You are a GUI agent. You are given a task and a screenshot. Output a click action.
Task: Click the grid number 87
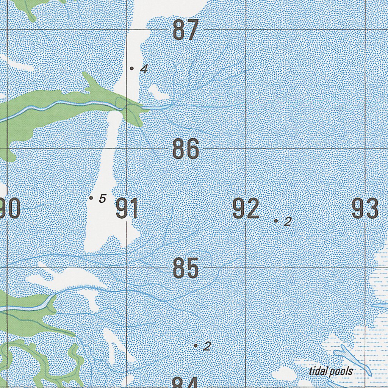click(186, 30)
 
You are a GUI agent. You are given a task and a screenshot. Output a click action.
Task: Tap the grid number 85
click(186, 268)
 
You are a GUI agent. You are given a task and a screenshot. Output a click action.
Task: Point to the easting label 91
click(127, 208)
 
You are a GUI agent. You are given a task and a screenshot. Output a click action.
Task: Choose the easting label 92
click(246, 208)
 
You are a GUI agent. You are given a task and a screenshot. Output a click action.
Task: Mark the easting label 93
click(365, 208)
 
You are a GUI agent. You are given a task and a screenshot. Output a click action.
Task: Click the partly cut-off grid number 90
click(10, 208)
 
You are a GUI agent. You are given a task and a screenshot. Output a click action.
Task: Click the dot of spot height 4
click(131, 68)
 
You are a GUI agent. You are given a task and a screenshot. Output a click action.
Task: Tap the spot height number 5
click(102, 198)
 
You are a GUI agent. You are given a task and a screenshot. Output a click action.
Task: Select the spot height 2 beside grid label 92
click(288, 221)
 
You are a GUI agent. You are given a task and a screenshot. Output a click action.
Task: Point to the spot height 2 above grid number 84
click(207, 346)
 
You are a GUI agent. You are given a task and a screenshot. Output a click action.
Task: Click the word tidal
click(317, 371)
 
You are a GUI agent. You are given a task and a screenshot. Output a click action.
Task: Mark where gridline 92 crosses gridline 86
click(246, 149)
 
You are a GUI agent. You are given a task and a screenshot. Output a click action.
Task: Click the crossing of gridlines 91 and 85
click(127, 268)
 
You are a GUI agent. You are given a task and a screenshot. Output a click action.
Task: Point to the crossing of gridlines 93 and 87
click(365, 30)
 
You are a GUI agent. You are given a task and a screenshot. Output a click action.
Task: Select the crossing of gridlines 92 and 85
click(246, 268)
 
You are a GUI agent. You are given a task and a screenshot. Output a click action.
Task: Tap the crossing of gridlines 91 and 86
click(127, 149)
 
